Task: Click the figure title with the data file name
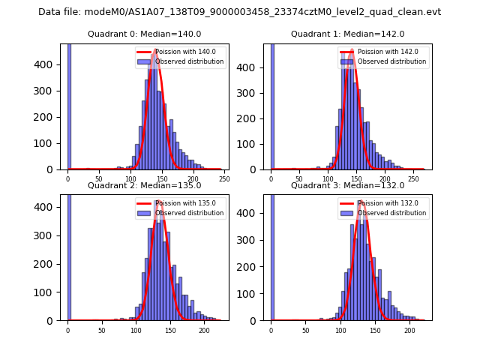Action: (x=239, y=12)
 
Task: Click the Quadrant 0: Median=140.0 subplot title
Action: (x=144, y=34)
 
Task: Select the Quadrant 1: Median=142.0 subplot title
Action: (x=347, y=34)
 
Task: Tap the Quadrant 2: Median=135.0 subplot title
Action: (x=144, y=185)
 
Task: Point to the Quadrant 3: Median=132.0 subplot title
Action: (x=347, y=185)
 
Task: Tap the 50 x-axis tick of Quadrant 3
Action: (x=305, y=330)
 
